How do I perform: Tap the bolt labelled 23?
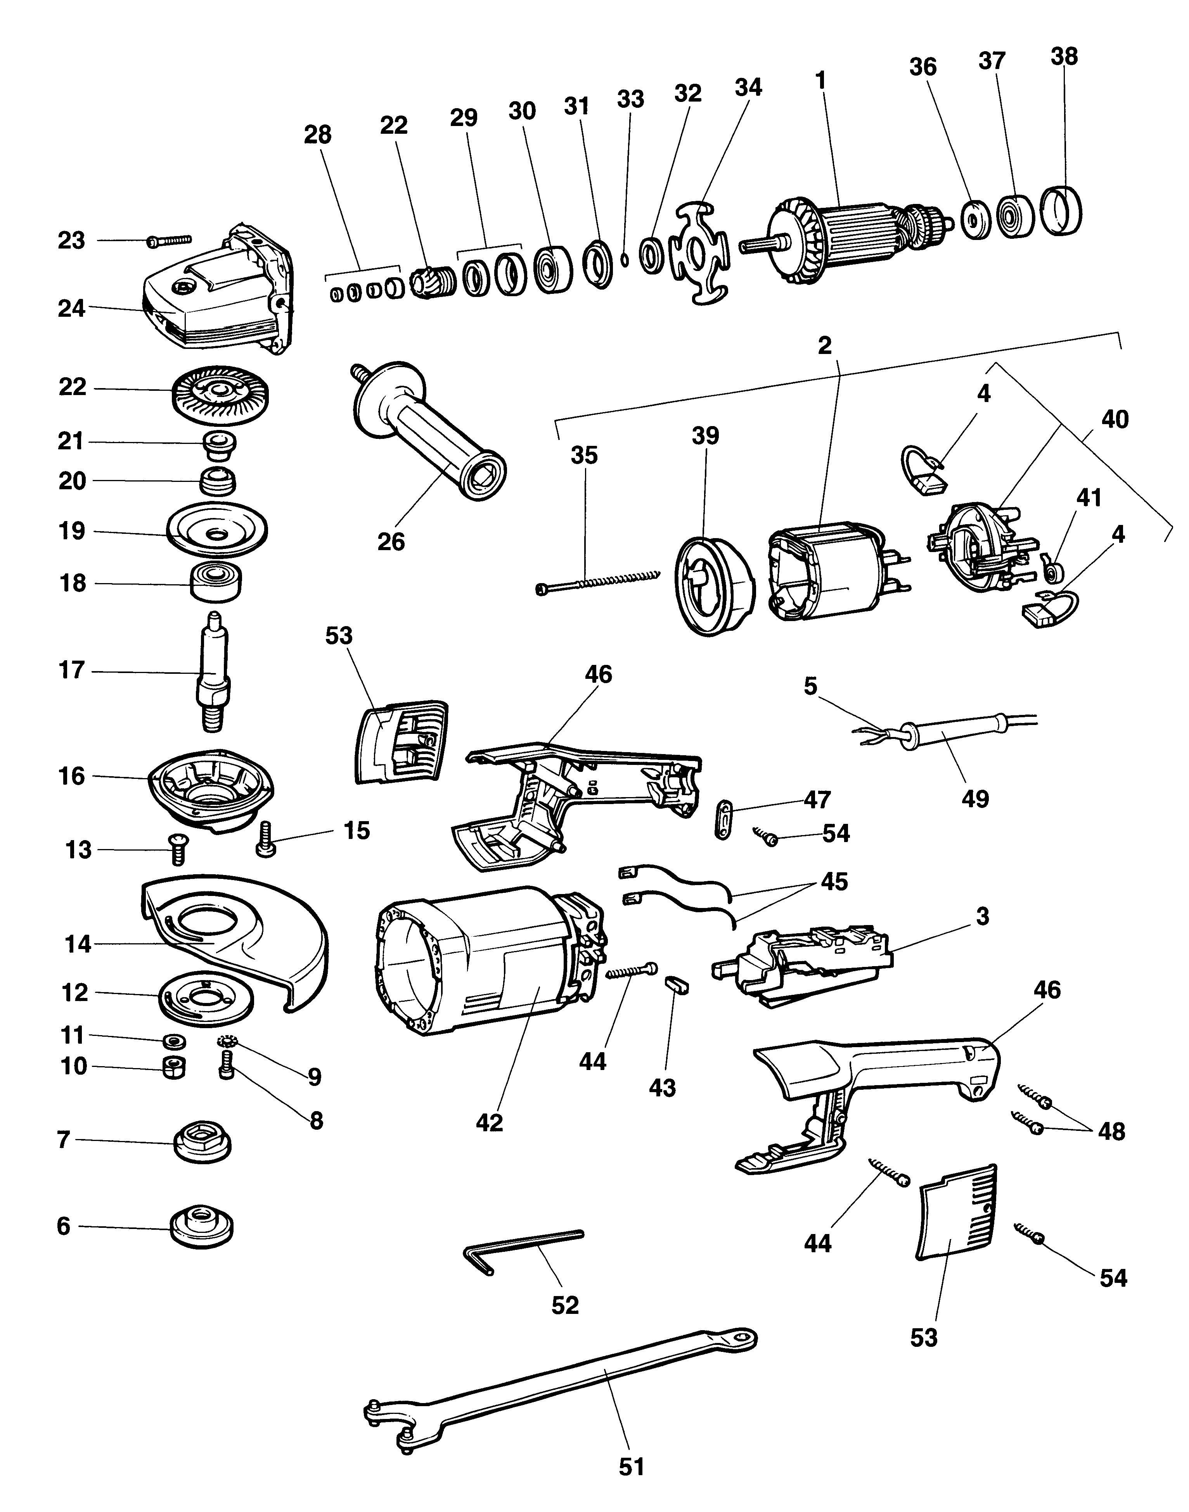point(168,241)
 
